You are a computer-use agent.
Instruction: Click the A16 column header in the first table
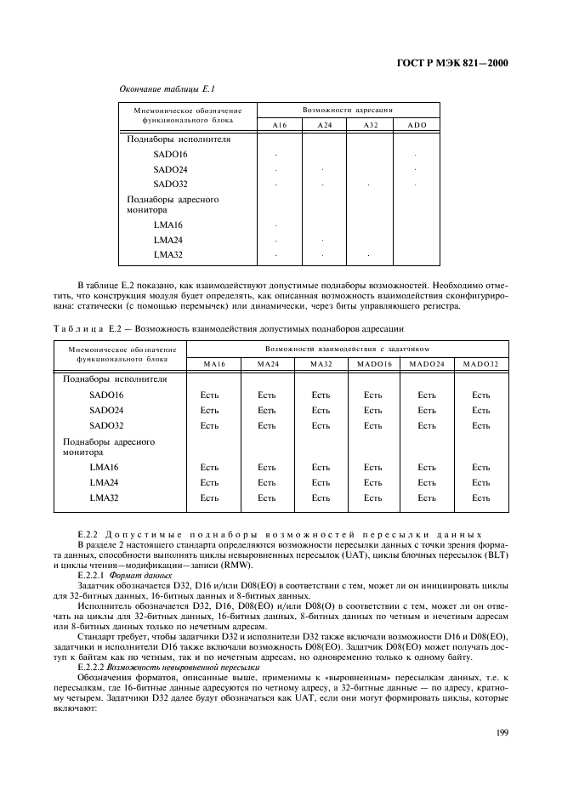click(x=279, y=125)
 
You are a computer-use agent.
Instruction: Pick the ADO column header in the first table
click(x=417, y=125)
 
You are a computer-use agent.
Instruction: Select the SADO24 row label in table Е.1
click(x=170, y=169)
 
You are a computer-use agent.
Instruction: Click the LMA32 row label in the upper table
click(x=168, y=254)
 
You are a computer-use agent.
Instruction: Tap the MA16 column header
click(x=213, y=364)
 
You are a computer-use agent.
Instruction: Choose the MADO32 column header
click(x=481, y=364)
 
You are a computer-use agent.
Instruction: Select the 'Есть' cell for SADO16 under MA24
click(x=267, y=395)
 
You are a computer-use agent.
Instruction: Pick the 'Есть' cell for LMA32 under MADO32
click(x=481, y=497)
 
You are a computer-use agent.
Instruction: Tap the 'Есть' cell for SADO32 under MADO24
click(x=427, y=425)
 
